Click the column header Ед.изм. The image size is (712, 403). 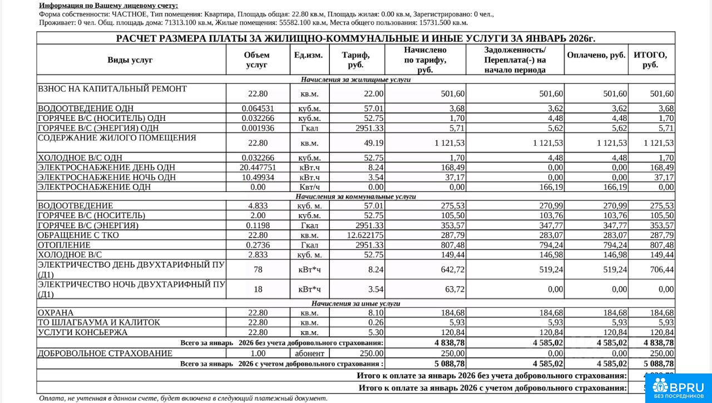click(x=308, y=55)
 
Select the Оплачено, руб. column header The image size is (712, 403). click(x=596, y=55)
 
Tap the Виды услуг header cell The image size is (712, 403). click(x=130, y=60)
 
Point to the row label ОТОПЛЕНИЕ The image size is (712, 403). click(x=64, y=245)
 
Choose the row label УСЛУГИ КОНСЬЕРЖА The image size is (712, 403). click(x=82, y=332)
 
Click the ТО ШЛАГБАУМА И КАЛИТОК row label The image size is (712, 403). click(x=98, y=322)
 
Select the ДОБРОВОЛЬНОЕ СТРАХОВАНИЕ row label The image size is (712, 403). click(x=105, y=353)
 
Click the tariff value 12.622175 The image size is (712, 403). click(x=362, y=235)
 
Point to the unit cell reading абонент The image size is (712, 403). click(x=309, y=353)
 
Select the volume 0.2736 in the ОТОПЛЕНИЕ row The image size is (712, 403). click(x=257, y=245)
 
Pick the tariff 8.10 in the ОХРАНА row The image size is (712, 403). click(x=375, y=313)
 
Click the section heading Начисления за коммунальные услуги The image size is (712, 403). click(x=355, y=196)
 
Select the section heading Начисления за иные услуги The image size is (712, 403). click(x=355, y=303)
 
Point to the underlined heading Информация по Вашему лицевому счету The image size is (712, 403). click(x=108, y=5)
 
